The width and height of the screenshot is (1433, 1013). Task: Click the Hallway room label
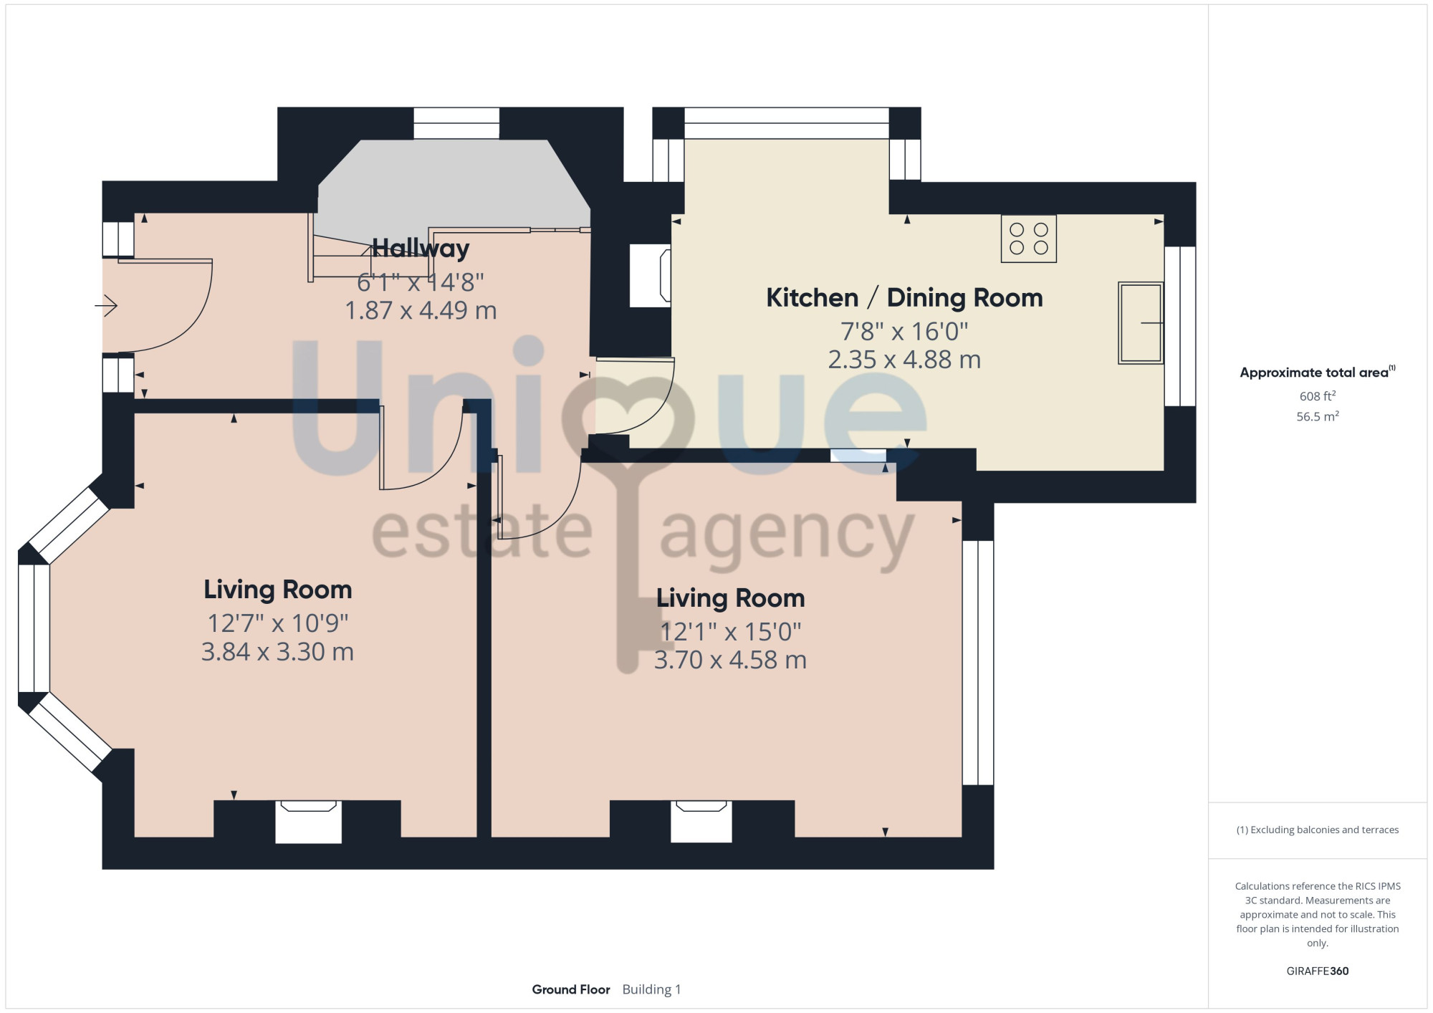pyautogui.click(x=421, y=248)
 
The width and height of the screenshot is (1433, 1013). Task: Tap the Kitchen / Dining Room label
pyautogui.click(x=904, y=297)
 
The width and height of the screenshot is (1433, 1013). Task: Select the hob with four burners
pyautogui.click(x=1029, y=239)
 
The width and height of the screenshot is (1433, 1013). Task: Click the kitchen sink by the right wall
pyautogui.click(x=1141, y=322)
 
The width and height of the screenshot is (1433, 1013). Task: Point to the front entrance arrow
pyautogui.click(x=106, y=306)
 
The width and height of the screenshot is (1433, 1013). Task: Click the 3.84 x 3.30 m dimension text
pyautogui.click(x=278, y=652)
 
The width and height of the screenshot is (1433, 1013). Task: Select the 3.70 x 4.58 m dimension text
pyautogui.click(x=730, y=660)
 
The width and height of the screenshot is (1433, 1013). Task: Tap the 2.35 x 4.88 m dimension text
pyautogui.click(x=904, y=360)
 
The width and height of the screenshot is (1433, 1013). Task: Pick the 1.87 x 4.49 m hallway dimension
pyautogui.click(x=421, y=310)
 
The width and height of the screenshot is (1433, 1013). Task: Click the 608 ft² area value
pyautogui.click(x=1318, y=396)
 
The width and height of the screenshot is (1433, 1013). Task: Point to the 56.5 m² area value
pyautogui.click(x=1318, y=416)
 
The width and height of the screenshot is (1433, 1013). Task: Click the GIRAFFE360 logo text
pyautogui.click(x=1318, y=971)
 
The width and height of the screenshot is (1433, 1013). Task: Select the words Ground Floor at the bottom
pyautogui.click(x=571, y=989)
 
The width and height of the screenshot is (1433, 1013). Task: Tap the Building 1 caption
pyautogui.click(x=651, y=989)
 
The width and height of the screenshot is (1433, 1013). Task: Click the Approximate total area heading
pyautogui.click(x=1318, y=372)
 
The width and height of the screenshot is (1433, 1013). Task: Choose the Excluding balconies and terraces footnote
pyautogui.click(x=1318, y=830)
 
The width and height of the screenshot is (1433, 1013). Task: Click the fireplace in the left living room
pyautogui.click(x=308, y=822)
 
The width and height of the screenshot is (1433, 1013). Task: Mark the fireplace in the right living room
pyautogui.click(x=701, y=821)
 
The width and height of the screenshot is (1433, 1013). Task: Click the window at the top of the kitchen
pyautogui.click(x=787, y=123)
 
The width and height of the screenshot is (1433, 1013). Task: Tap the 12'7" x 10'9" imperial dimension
pyautogui.click(x=278, y=623)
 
